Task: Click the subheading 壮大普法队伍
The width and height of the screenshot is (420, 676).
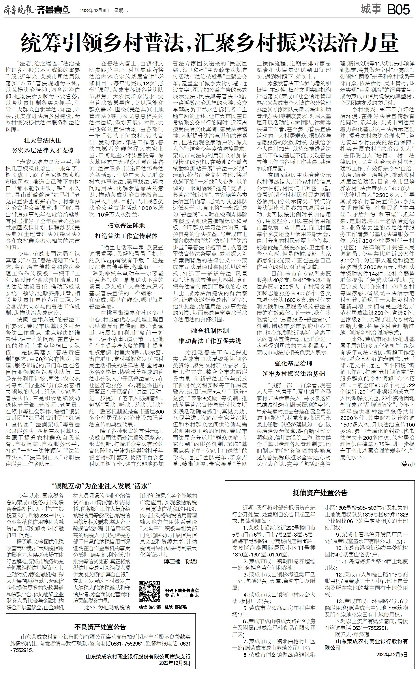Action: (43, 140)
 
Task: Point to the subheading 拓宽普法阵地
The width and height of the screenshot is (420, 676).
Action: (126, 225)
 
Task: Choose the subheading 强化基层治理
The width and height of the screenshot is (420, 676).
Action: (294, 363)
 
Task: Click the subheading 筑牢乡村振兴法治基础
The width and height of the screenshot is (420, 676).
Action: (294, 374)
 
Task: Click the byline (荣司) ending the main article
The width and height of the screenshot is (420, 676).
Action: (407, 464)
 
